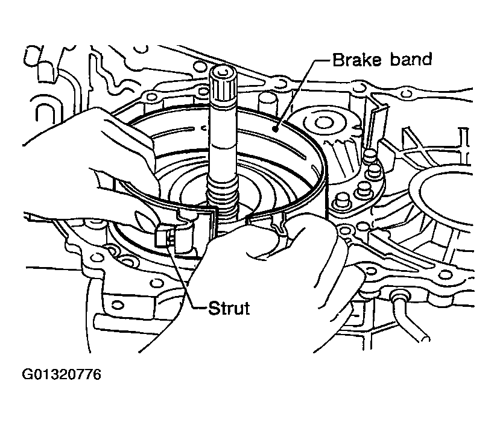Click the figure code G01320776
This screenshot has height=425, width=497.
62,375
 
